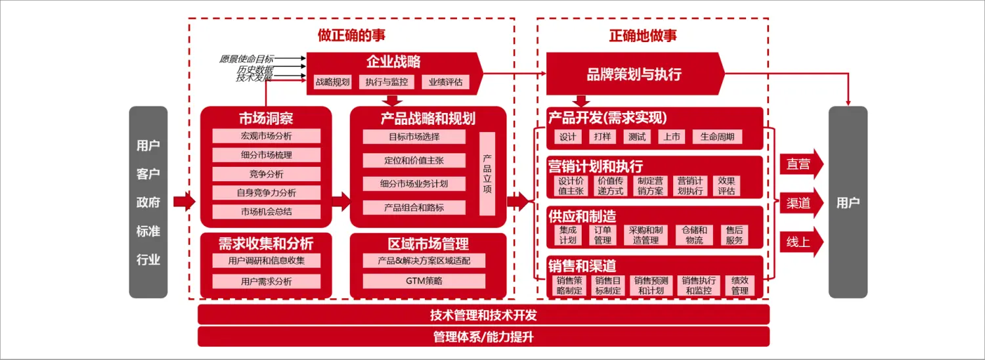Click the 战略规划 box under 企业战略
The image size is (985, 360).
click(333, 82)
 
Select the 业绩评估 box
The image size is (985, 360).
click(445, 82)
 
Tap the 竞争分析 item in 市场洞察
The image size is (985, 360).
click(266, 174)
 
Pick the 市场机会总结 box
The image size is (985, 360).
click(266, 212)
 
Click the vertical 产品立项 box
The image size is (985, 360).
click(487, 173)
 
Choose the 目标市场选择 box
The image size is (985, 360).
click(414, 137)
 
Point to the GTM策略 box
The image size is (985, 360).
click(424, 281)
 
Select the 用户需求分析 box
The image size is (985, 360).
click(266, 281)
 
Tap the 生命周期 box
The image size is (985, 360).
click(717, 137)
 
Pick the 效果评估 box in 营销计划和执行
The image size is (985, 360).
click(726, 186)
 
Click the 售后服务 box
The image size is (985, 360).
click(735, 235)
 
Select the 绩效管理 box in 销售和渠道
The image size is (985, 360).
click(739, 285)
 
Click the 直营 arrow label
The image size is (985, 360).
click(799, 164)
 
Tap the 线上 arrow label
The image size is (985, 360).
click(799, 242)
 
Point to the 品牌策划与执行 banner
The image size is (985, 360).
click(634, 74)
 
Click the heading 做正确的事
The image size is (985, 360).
click(351, 34)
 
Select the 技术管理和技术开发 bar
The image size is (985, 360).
click(483, 315)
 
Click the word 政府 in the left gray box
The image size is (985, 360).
click(148, 202)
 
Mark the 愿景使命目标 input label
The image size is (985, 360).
click(246, 59)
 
